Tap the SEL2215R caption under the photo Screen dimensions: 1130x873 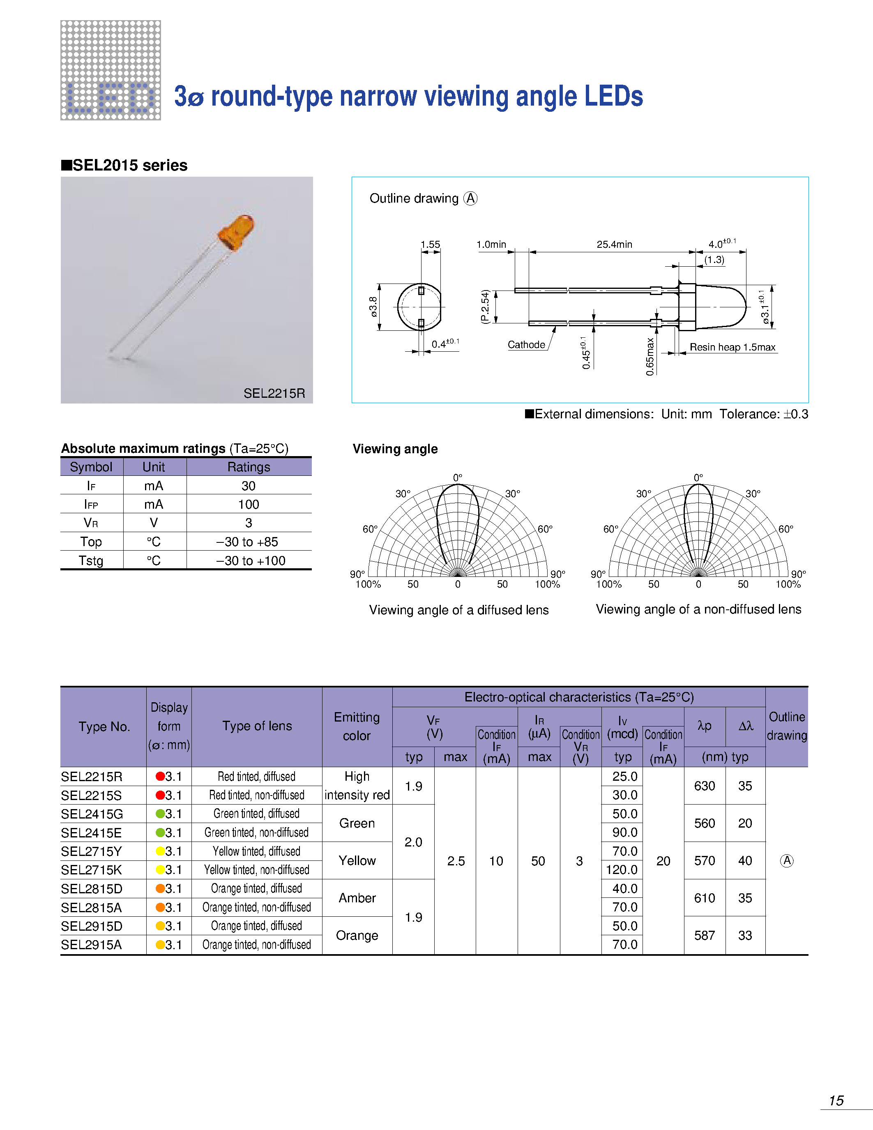coord(274,393)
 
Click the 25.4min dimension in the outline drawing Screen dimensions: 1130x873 coord(614,244)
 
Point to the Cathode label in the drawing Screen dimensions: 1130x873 coord(526,345)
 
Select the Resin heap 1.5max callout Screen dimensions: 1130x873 coord(732,347)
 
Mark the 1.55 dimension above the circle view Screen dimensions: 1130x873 coord(430,244)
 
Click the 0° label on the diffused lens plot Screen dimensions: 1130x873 coord(457,477)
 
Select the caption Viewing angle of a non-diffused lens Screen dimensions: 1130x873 coord(698,609)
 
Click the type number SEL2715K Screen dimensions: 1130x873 coord(91,870)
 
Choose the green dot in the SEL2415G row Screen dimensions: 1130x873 coord(160,814)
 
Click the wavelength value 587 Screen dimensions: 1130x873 coord(705,936)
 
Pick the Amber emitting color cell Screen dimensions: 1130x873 coord(357,898)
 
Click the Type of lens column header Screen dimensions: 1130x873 coord(257,726)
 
